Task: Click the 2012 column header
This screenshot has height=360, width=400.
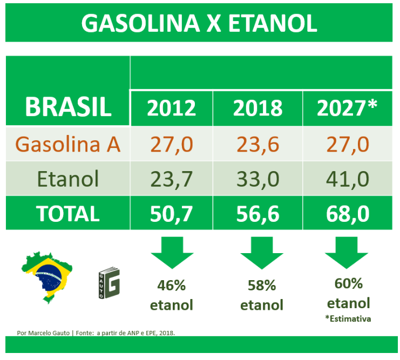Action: pyautogui.click(x=172, y=108)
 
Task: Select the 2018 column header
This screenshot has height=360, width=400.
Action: pyautogui.click(x=257, y=108)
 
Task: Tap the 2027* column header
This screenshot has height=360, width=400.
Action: pyautogui.click(x=347, y=107)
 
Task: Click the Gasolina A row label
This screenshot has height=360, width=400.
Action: pyautogui.click(x=68, y=144)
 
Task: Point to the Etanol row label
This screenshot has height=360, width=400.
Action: pyautogui.click(x=68, y=179)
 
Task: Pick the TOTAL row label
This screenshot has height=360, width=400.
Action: pyautogui.click(x=68, y=214)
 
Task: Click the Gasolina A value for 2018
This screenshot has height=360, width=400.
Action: pyautogui.click(x=257, y=145)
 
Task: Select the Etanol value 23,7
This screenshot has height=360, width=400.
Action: pyautogui.click(x=172, y=179)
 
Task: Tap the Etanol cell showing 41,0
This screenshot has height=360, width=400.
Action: pyautogui.click(x=348, y=179)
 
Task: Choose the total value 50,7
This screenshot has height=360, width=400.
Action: pyautogui.click(x=172, y=214)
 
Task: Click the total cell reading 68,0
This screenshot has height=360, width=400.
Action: pyautogui.click(x=348, y=214)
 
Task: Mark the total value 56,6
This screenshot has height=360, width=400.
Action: pyautogui.click(x=257, y=214)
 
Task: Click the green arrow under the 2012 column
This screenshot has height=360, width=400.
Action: pyautogui.click(x=172, y=253)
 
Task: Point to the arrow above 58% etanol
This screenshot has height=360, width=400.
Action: pyautogui.click(x=262, y=253)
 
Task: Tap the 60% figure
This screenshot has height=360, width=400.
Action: pyautogui.click(x=349, y=283)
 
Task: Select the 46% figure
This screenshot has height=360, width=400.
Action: pyautogui.click(x=172, y=285)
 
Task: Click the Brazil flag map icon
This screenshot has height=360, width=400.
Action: pyautogui.click(x=47, y=277)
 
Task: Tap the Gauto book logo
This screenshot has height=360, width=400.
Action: pyautogui.click(x=109, y=283)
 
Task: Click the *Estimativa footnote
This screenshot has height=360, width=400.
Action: pyautogui.click(x=348, y=318)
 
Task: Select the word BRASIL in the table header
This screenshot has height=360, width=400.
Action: pyautogui.click(x=68, y=107)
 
